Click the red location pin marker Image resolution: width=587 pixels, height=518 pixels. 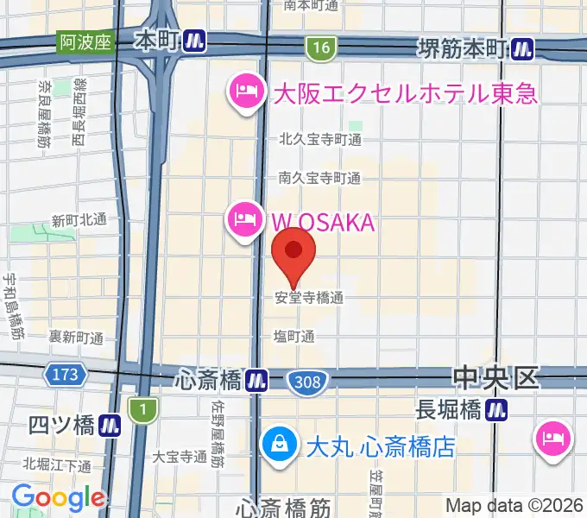pyautogui.click(x=293, y=252)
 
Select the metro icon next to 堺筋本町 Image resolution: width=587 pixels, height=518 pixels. pyautogui.click(x=521, y=50)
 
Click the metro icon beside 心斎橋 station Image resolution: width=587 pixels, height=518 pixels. pyautogui.click(x=256, y=379)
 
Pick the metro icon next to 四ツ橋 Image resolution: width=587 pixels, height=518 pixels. pyautogui.click(x=109, y=425)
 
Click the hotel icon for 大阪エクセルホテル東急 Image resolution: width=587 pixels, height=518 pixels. pyautogui.click(x=245, y=92)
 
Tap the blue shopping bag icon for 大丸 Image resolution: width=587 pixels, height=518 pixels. pyautogui.click(x=280, y=445)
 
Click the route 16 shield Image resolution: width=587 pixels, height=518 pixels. pyautogui.click(x=321, y=48)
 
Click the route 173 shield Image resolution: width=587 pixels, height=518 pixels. pyautogui.click(x=64, y=375)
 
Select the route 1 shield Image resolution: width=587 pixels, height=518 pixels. pyautogui.click(x=139, y=410)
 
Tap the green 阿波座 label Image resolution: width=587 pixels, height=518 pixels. pyautogui.click(x=85, y=41)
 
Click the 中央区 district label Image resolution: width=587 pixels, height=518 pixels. pyautogui.click(x=495, y=377)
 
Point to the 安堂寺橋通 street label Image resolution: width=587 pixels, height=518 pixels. pyautogui.click(x=309, y=298)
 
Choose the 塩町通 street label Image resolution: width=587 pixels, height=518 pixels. pyautogui.click(x=293, y=337)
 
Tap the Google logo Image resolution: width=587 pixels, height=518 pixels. pyautogui.click(x=57, y=497)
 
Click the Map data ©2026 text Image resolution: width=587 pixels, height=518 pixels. pyautogui.click(x=514, y=504)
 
